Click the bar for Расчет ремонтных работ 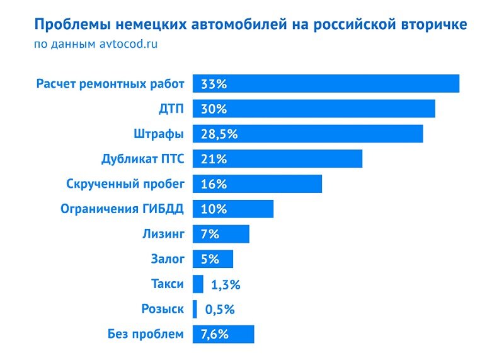326,83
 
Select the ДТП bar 314,108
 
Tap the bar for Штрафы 307,134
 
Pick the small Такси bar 198,284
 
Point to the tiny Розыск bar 195,309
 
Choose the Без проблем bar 223,334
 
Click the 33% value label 213,84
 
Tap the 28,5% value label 219,134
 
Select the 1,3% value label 225,284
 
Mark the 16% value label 213,184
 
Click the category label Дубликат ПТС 142,159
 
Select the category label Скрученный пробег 125,184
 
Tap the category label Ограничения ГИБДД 122,209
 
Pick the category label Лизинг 163,234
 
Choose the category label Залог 167,259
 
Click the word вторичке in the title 435,25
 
